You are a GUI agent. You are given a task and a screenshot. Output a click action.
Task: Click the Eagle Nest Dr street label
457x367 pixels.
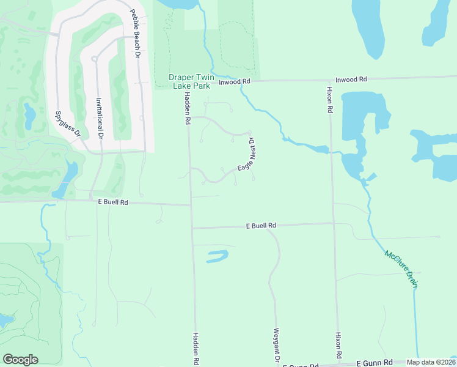tap(246, 158)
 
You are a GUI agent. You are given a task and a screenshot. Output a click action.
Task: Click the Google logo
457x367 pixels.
tap(20, 360)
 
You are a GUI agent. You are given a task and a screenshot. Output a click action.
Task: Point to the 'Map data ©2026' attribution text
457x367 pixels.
tap(431, 362)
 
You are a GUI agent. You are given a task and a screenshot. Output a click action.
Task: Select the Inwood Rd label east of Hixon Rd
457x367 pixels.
tap(351, 80)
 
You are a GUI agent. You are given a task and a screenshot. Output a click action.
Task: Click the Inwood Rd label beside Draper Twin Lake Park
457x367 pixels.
tap(235, 81)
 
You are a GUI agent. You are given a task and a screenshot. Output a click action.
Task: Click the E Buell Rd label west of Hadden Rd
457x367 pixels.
tap(112, 202)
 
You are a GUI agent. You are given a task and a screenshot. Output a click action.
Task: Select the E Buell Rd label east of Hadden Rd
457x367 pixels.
tap(261, 226)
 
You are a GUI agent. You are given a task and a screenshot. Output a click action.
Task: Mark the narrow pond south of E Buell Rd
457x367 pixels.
tap(217, 256)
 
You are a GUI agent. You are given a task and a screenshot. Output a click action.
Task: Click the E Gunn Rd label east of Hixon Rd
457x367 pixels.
tap(373, 363)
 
